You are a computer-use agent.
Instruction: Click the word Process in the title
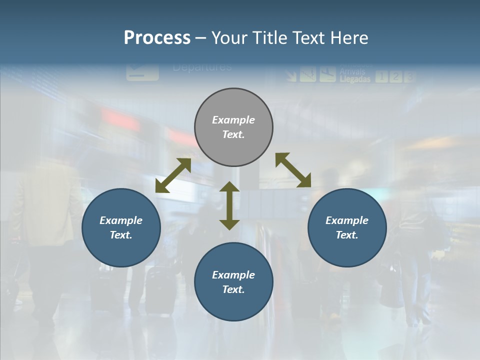click(157, 38)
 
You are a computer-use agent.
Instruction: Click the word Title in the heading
click(270, 38)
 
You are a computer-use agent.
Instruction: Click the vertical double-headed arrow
click(229, 205)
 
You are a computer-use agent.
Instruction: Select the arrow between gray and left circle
click(173, 175)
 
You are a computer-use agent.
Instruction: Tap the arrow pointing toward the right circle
click(293, 170)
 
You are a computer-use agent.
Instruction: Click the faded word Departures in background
click(202, 67)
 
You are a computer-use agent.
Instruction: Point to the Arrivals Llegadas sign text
click(355, 75)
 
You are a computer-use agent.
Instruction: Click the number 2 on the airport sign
click(395, 76)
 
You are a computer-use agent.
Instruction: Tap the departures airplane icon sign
click(142, 71)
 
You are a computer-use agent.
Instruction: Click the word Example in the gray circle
click(233, 120)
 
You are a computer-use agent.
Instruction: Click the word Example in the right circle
click(347, 220)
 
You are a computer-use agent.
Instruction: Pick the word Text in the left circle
click(120, 235)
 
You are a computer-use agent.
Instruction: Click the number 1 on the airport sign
click(381, 76)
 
